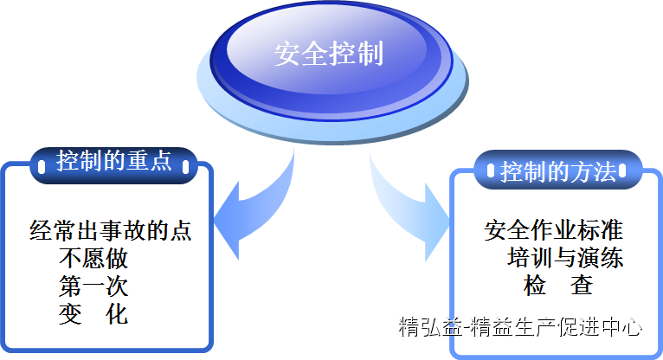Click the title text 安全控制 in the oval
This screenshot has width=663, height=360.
329,54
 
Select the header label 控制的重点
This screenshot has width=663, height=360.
114,161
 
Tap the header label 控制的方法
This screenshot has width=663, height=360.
558,172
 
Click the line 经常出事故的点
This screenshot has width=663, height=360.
111,230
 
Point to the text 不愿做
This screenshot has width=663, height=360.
93,258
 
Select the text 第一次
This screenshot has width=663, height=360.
93,286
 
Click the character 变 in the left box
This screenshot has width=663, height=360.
70,314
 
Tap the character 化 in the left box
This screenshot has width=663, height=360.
117,314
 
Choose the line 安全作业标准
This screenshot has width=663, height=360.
553,230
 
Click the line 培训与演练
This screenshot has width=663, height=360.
565,258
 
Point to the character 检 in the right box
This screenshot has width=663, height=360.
535,286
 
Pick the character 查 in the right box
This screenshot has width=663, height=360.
582,286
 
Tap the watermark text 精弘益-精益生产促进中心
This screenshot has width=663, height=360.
520,327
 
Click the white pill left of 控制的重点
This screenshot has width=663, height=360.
42,166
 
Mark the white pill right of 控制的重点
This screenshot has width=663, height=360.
185,166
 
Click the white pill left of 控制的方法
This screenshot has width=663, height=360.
491,170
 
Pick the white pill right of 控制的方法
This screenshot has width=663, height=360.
622,170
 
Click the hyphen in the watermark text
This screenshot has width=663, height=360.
467,328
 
